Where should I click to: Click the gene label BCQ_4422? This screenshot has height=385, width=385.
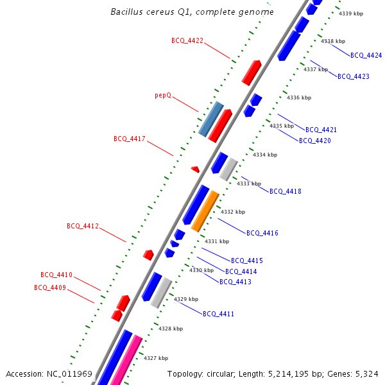click(x=187, y=40)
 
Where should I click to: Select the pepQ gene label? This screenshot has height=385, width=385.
click(x=163, y=95)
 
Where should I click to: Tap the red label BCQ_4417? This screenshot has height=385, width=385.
click(x=130, y=139)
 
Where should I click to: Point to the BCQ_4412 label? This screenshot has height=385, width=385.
click(x=83, y=226)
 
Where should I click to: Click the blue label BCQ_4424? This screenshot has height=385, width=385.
click(x=366, y=55)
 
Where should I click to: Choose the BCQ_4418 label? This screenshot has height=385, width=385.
click(x=285, y=191)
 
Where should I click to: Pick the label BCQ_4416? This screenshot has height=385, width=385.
click(x=262, y=233)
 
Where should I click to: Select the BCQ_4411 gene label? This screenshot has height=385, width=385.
click(x=218, y=314)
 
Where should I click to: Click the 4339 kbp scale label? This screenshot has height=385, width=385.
click(x=351, y=13)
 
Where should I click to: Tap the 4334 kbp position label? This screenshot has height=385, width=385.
click(x=265, y=155)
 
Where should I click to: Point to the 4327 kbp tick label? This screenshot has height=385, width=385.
click(x=156, y=358)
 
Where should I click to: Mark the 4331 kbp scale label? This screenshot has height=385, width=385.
click(x=217, y=241)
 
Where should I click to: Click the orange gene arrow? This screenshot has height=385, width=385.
click(x=205, y=211)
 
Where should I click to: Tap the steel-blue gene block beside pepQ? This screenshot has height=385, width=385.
click(x=210, y=119)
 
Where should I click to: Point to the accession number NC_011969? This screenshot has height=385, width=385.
click(x=69, y=373)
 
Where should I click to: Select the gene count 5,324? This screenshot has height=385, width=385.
click(x=364, y=373)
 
